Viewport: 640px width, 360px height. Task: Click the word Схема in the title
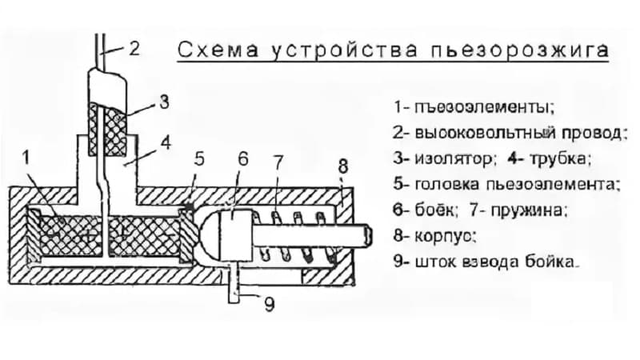[218, 50]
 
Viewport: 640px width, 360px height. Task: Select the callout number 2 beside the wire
[134, 49]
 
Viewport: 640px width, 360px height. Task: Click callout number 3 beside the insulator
[164, 102]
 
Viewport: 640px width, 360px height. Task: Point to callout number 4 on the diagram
[166, 143]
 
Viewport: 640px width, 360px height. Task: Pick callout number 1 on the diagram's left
[26, 158]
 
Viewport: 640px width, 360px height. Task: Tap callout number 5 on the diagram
[198, 159]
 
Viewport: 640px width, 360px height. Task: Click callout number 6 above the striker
[243, 158]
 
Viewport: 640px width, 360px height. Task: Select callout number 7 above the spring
[278, 163]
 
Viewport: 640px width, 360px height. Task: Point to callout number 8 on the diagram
[343, 166]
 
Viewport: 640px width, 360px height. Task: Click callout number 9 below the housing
[270, 304]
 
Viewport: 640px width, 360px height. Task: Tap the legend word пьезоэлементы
[485, 108]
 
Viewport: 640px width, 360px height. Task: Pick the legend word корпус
[446, 236]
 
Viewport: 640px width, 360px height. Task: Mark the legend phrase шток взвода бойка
[497, 262]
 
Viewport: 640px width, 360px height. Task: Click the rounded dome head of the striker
[209, 235]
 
